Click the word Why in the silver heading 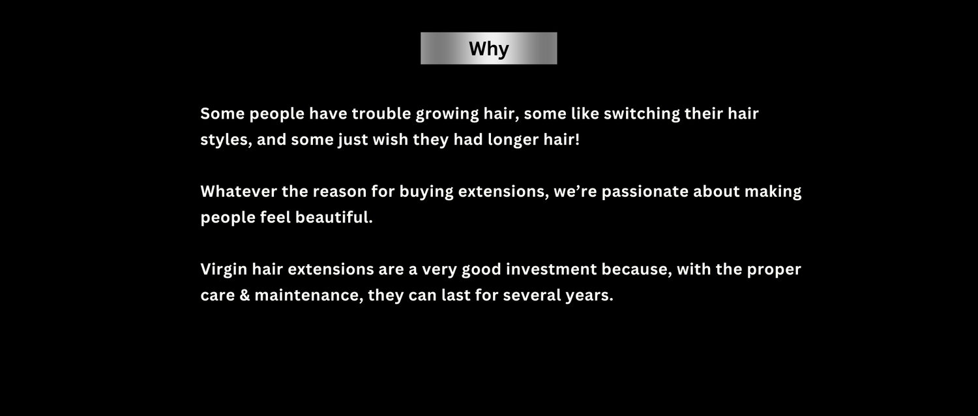tap(488, 48)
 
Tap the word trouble tap(381, 113)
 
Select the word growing tap(447, 114)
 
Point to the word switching tap(642, 114)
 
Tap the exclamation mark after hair tap(577, 140)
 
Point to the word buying tap(426, 192)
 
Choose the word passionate tap(645, 192)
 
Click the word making tap(773, 192)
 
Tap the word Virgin tap(224, 270)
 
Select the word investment tap(551, 269)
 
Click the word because tap(636, 269)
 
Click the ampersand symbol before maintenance tap(244, 295)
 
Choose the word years tap(589, 296)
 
